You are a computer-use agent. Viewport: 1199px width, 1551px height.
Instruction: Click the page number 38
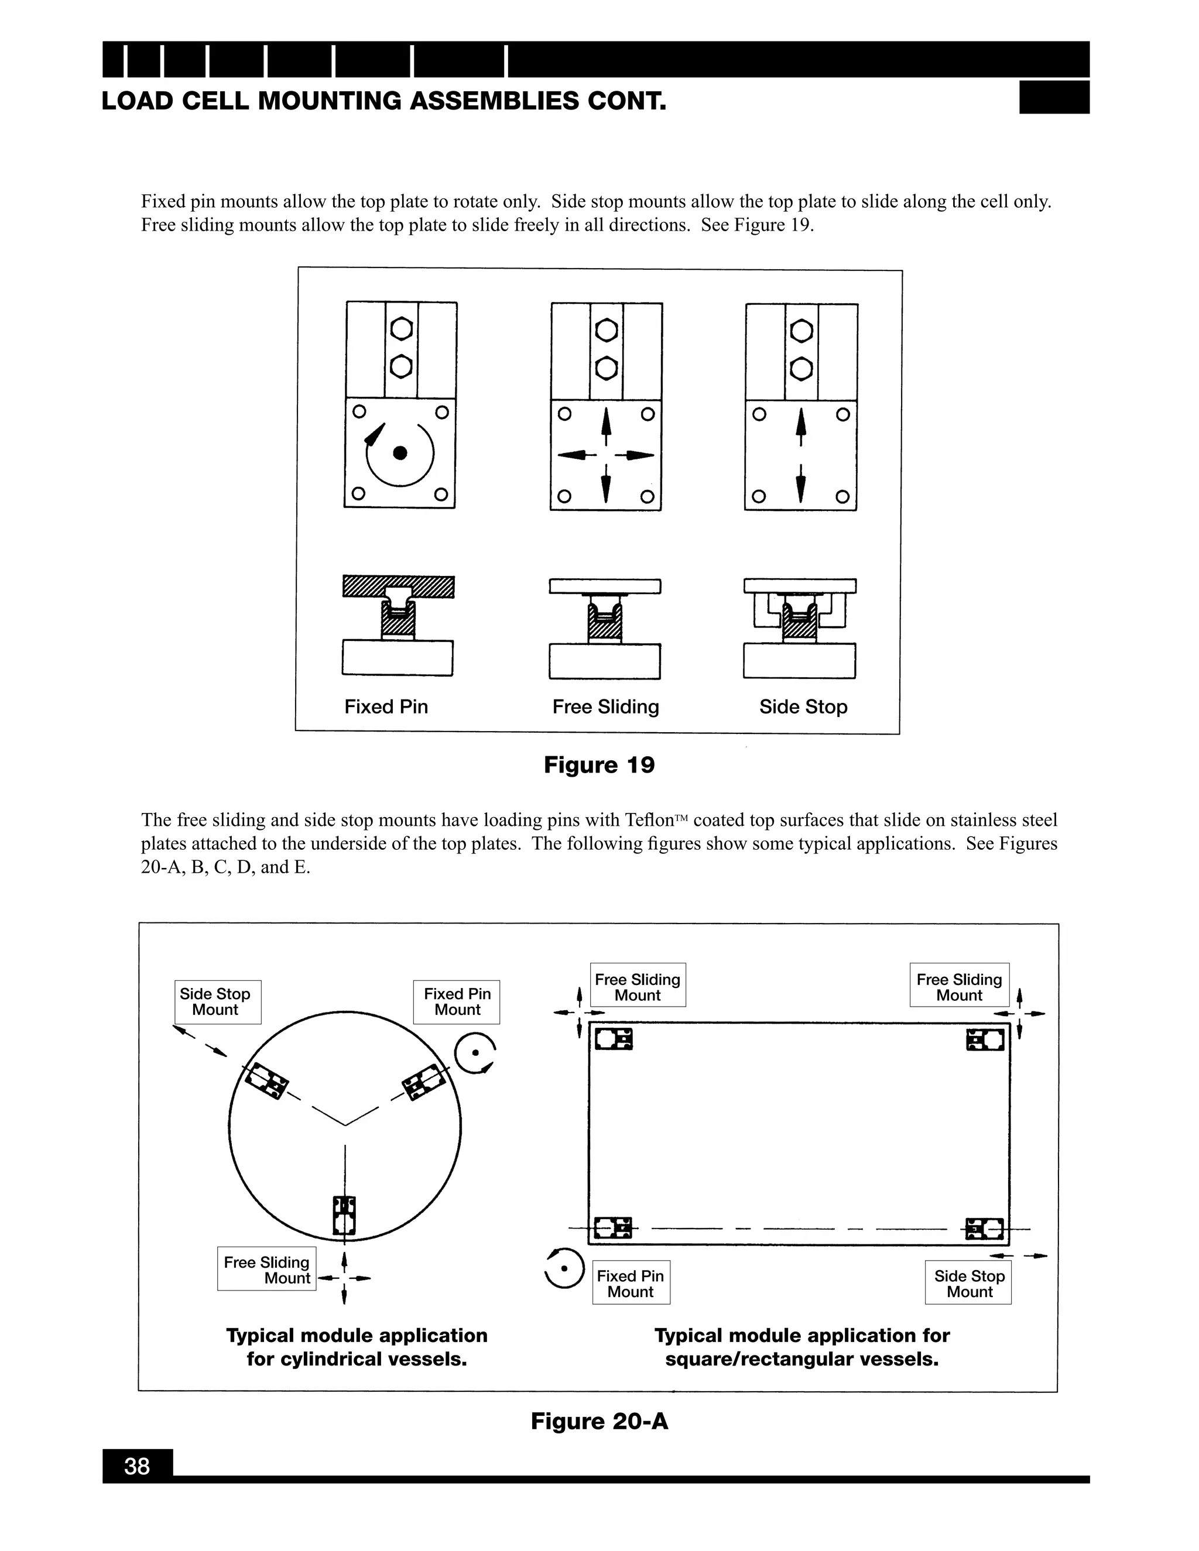click(x=137, y=1466)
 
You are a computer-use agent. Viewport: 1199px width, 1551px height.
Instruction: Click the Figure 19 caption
click(x=599, y=765)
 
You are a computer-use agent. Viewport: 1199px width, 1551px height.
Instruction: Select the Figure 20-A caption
click(x=599, y=1421)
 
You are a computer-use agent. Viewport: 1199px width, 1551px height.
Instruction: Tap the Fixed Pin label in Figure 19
click(x=386, y=706)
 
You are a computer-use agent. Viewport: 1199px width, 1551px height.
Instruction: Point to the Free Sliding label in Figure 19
click(x=605, y=706)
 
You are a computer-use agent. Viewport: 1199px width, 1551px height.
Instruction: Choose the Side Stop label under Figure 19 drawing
click(x=803, y=706)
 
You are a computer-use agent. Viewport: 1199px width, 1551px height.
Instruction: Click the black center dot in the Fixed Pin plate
click(x=400, y=453)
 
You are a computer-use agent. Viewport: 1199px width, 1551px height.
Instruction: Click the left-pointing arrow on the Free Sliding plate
click(x=572, y=455)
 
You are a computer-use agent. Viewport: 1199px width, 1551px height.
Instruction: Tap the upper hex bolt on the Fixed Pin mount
click(x=401, y=329)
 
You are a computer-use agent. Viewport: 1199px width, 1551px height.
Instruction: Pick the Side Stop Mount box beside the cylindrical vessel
click(x=217, y=1002)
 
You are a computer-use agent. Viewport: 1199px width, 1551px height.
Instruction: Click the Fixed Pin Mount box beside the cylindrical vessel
click(x=457, y=1002)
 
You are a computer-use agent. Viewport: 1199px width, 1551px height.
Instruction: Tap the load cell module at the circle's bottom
click(x=344, y=1215)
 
